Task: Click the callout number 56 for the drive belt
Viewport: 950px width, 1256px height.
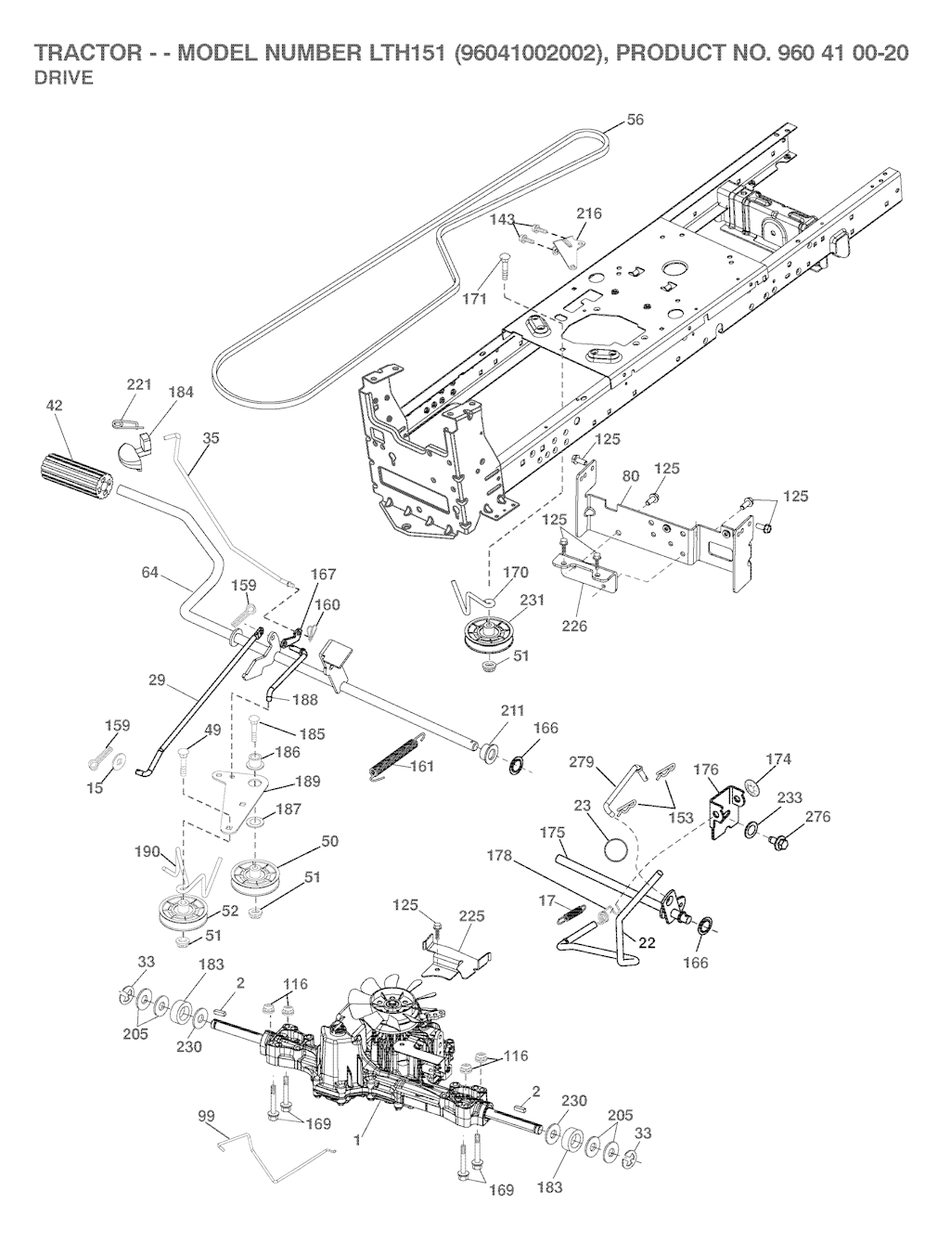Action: click(x=635, y=120)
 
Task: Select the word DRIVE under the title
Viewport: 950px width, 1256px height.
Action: click(x=64, y=78)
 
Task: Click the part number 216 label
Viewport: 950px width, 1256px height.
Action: click(x=589, y=214)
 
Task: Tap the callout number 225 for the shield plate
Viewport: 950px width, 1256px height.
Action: click(x=472, y=915)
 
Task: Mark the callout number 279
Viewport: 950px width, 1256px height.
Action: click(x=582, y=762)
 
